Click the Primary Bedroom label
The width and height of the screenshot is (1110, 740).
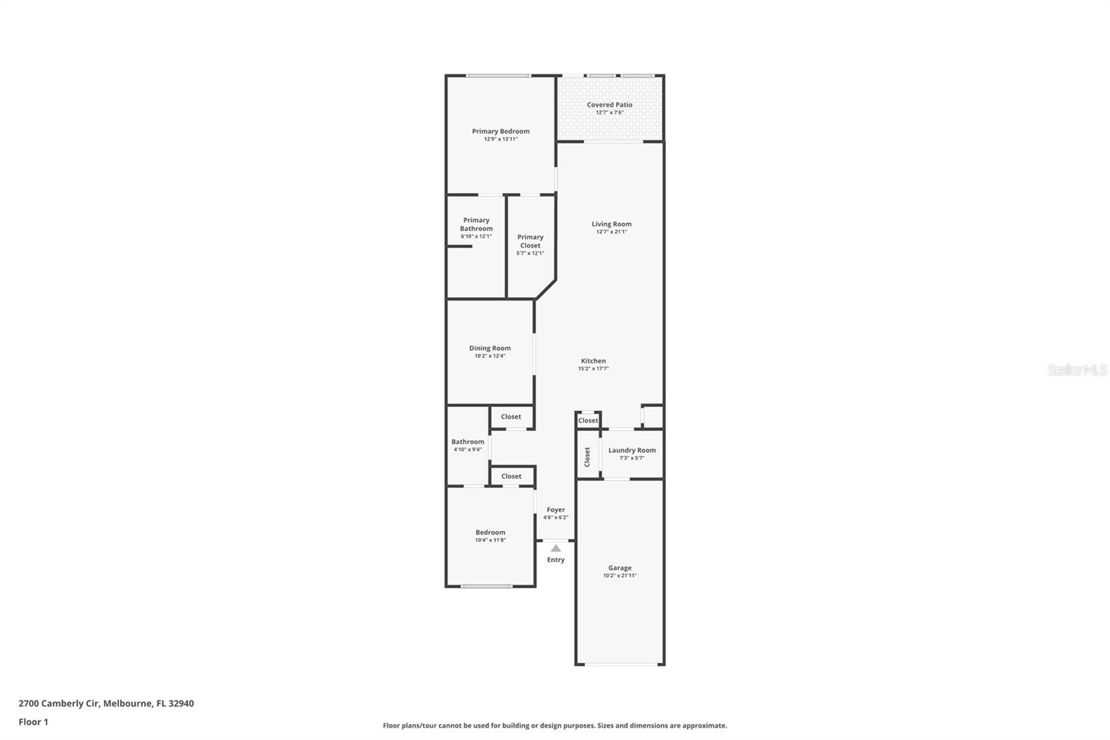point(500,131)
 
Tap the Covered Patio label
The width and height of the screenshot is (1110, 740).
point(609,105)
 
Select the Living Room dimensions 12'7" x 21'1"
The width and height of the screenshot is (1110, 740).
point(611,232)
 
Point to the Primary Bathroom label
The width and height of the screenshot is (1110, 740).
point(476,224)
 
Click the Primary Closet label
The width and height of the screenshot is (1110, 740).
point(530,241)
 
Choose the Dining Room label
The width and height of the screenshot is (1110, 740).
point(490,348)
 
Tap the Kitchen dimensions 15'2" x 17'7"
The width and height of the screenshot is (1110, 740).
point(593,369)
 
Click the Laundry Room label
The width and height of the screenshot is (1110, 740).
point(631,450)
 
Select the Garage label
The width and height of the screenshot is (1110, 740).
point(620,567)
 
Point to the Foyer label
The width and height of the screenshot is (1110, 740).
point(556,510)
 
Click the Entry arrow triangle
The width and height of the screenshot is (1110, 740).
point(556,548)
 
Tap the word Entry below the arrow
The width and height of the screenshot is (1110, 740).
point(556,560)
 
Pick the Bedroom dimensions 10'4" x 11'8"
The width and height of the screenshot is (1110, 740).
point(490,540)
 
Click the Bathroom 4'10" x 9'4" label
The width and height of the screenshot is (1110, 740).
point(468,442)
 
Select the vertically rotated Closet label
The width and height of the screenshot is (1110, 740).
point(587,456)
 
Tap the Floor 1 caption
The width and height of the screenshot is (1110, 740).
point(33,722)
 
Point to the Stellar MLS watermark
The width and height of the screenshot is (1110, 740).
point(1077,370)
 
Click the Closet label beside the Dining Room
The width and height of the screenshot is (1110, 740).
point(511,417)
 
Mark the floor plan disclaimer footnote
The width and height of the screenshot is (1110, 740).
point(555,725)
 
